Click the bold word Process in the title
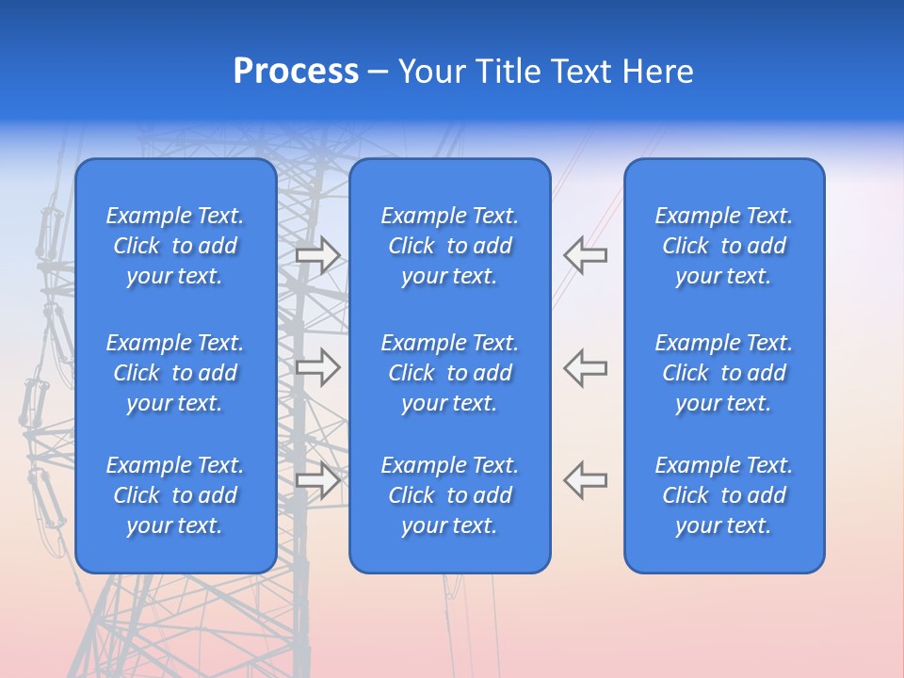point(296,72)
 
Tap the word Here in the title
point(658,72)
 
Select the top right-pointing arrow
point(317,255)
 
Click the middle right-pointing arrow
point(317,368)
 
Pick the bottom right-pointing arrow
point(317,480)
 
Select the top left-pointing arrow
point(585,255)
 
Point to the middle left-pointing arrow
point(585,368)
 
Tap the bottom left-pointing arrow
point(585,480)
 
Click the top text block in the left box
point(175,246)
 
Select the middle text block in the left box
point(175,373)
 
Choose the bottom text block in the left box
point(175,495)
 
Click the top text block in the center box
point(450,246)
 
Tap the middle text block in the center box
point(450,373)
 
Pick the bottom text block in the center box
point(450,495)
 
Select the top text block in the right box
point(724,246)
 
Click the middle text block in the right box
point(724,373)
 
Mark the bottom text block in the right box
point(724,495)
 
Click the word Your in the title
point(433,72)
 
